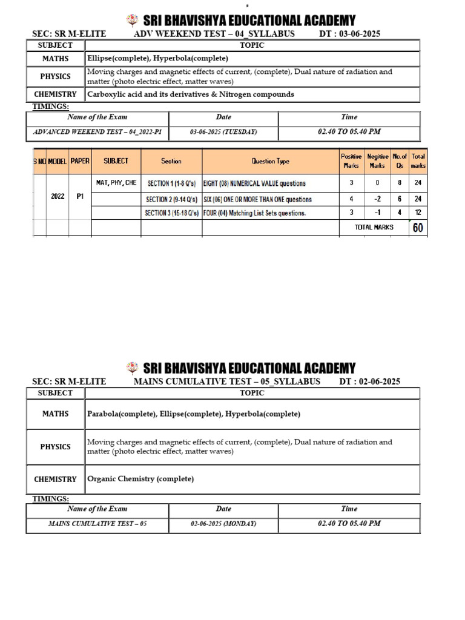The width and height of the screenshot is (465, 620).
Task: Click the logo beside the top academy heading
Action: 133,21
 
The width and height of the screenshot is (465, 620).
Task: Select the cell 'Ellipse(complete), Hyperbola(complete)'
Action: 157,59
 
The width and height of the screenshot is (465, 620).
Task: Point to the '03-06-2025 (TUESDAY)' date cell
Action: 223,131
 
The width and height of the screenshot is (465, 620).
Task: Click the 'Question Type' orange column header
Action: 270,161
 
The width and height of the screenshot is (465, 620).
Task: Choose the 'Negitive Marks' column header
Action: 377,161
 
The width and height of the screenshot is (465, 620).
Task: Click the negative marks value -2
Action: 377,199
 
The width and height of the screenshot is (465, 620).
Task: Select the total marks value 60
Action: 418,227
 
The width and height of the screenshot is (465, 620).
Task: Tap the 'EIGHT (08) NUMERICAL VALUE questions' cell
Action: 254,183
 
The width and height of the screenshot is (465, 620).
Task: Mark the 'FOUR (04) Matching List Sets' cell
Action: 254,213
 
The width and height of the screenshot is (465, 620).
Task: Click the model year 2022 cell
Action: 58,197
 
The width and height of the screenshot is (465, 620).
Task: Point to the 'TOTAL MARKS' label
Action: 374,227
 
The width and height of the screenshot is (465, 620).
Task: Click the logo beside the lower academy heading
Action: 133,367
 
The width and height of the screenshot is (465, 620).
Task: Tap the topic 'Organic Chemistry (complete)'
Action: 140,479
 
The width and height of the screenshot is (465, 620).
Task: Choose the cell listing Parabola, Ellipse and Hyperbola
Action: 194,414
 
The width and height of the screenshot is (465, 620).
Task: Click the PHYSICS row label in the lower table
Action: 55,447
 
